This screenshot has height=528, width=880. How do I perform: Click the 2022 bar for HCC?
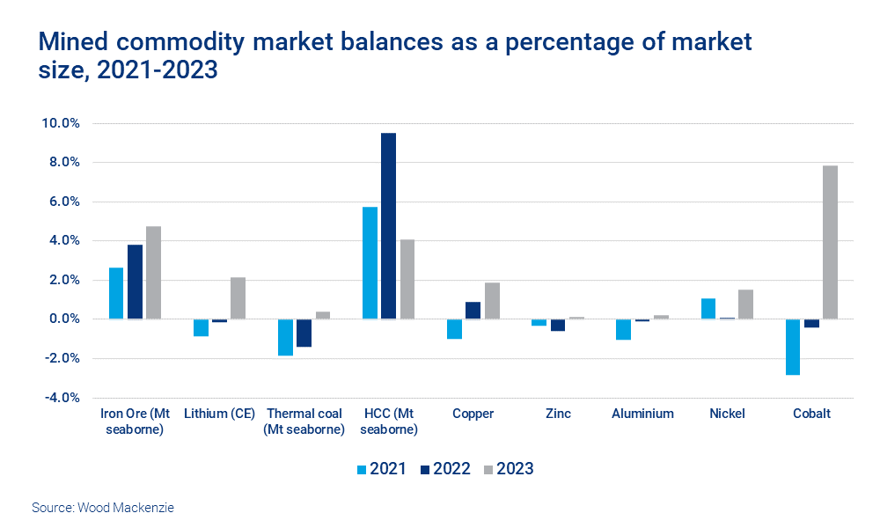tap(388, 226)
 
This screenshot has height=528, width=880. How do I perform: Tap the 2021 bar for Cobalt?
tap(793, 347)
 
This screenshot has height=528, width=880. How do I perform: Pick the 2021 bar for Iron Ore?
tap(116, 293)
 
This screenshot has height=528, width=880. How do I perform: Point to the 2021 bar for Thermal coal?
tap(285, 337)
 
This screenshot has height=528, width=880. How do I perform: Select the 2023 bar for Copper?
tap(492, 301)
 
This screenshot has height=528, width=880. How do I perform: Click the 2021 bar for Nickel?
tap(708, 309)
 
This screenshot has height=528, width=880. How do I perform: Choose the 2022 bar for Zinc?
tap(558, 325)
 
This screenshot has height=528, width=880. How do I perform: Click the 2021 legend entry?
tap(379, 469)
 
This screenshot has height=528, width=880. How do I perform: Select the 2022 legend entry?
tap(444, 469)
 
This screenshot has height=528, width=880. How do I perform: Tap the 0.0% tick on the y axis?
tap(62, 319)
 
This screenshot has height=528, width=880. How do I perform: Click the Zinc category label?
tap(557, 414)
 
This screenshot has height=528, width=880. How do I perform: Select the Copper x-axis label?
tap(473, 414)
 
